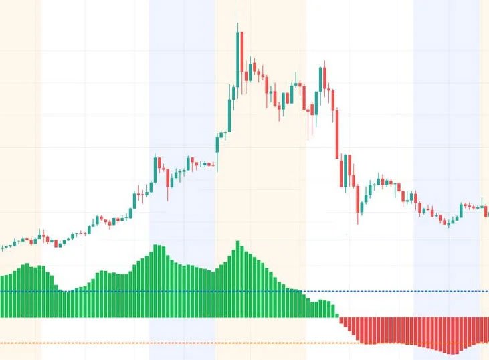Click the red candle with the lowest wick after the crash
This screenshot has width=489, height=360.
[358, 207]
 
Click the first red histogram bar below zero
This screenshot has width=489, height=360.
[341, 321]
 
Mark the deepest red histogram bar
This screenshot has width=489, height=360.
[454, 335]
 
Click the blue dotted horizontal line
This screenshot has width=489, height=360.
[401, 292]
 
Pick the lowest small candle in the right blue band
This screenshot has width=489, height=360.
[449, 223]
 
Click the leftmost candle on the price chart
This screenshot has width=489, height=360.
[2, 248]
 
